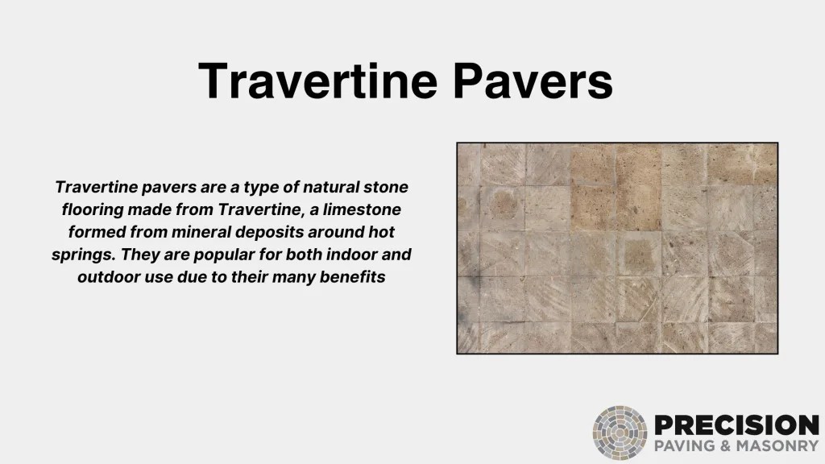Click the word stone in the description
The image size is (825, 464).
(384, 187)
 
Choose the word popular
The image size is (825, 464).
(224, 255)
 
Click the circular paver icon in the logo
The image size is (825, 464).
(620, 433)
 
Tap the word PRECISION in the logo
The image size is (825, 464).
(736, 425)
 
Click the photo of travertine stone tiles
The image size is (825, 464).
(617, 248)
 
